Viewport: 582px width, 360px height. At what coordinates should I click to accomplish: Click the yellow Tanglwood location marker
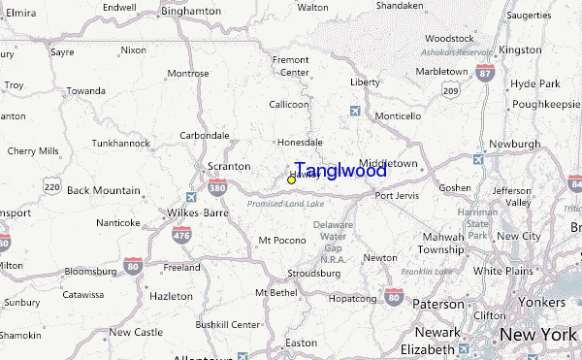click(291, 180)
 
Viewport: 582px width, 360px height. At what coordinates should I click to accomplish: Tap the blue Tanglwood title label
click(340, 171)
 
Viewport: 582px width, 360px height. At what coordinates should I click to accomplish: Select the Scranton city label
click(229, 166)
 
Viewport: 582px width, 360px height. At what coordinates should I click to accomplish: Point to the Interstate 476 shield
click(181, 236)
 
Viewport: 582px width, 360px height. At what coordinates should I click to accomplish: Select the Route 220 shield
click(51, 184)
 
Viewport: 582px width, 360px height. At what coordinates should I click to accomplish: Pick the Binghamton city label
click(191, 10)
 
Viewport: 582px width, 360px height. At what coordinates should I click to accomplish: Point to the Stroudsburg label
click(313, 274)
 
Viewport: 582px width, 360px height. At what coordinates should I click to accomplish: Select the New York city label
click(539, 335)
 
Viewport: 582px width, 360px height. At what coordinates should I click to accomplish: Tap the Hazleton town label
click(173, 295)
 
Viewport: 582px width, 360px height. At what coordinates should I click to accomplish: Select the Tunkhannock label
click(120, 143)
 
